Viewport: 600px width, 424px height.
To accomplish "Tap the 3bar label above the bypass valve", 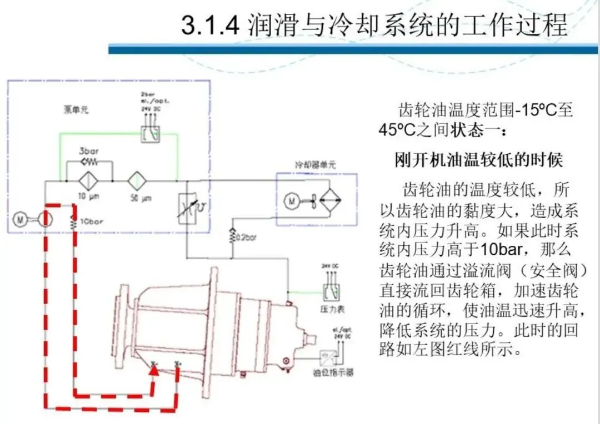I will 88,152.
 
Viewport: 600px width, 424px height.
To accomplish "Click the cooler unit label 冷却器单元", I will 315,164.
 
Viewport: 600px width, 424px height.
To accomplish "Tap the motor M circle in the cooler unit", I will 291,200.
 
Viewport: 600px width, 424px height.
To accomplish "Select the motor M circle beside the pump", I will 21,219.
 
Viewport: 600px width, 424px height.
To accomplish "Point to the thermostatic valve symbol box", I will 186,209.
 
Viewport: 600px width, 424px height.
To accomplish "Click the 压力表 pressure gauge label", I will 330,307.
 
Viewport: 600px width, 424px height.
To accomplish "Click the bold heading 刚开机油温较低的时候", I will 479,160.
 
